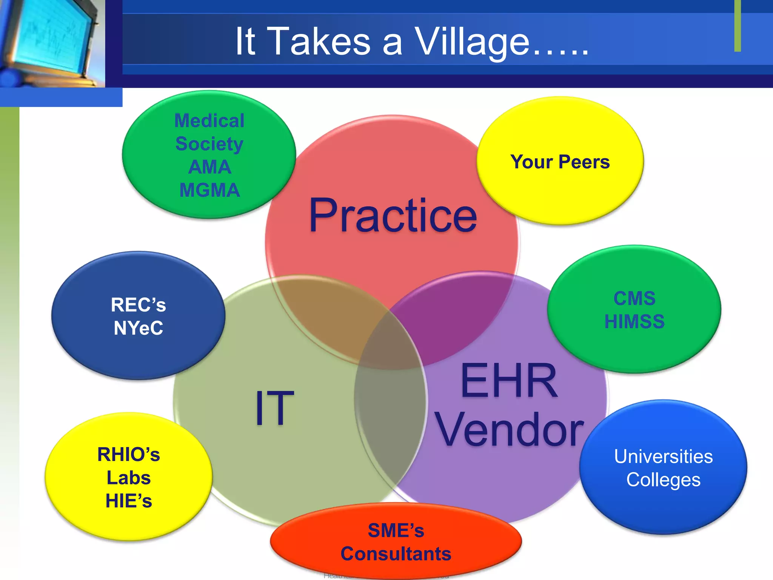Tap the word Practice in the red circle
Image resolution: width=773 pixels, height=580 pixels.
393,216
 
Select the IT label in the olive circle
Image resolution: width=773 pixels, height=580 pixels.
274,407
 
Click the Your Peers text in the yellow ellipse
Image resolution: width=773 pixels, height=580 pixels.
560,162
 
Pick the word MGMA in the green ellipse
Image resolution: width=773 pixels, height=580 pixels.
209,190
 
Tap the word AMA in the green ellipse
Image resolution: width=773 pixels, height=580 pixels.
209,167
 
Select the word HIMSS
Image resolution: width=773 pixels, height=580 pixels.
634,322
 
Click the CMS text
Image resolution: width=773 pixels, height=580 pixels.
634,299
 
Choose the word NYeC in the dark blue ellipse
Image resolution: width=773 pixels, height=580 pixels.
139,328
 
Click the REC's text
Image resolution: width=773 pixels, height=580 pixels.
139,305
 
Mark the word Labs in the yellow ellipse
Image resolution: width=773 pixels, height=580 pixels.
129,478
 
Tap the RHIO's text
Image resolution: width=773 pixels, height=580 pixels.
129,455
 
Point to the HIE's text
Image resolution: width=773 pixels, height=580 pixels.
129,501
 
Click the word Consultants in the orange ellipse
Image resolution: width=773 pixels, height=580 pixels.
396,554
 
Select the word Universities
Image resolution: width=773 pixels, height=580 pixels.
663,457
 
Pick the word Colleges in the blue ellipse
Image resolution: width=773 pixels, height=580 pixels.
663,480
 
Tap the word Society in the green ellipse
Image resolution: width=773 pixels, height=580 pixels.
209,144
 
